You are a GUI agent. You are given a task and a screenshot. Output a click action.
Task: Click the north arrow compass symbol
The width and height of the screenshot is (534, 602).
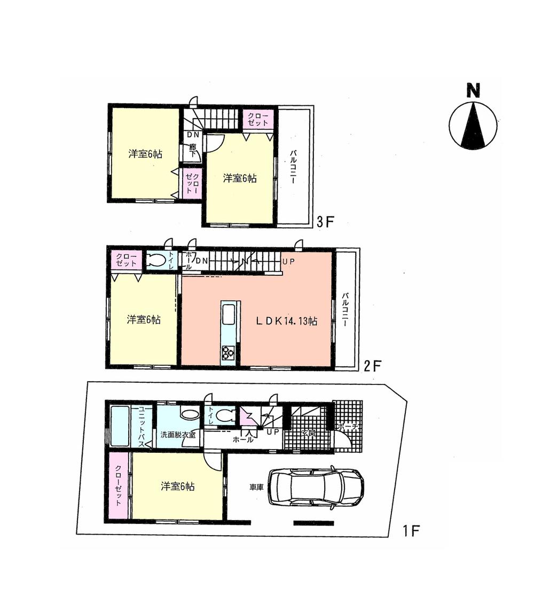(x=473, y=126)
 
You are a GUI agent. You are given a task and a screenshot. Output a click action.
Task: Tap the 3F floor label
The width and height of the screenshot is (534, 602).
(x=325, y=221)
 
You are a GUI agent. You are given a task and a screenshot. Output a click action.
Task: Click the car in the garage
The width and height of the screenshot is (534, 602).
(x=315, y=487)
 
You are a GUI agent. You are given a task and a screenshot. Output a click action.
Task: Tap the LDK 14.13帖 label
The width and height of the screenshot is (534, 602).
(x=287, y=321)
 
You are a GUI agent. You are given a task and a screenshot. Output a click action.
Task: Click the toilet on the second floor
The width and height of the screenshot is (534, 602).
(x=155, y=261)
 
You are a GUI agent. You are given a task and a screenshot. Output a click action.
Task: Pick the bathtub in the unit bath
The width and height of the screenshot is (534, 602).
(x=120, y=426)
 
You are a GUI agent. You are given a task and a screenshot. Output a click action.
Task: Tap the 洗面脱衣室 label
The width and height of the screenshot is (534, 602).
(x=178, y=435)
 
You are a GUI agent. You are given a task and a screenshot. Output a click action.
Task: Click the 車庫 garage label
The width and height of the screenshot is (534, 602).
(x=256, y=487)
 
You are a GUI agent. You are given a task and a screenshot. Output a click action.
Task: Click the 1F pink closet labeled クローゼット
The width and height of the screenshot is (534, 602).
(x=118, y=485)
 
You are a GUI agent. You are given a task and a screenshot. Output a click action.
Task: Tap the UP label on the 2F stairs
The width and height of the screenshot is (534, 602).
(x=289, y=260)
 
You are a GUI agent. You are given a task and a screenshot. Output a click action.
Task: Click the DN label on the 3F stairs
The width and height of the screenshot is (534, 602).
(x=192, y=134)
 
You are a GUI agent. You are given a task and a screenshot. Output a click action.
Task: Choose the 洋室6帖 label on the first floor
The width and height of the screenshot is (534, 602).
(x=177, y=487)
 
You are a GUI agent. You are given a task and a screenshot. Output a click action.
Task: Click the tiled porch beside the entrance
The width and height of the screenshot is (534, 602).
(x=348, y=422)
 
